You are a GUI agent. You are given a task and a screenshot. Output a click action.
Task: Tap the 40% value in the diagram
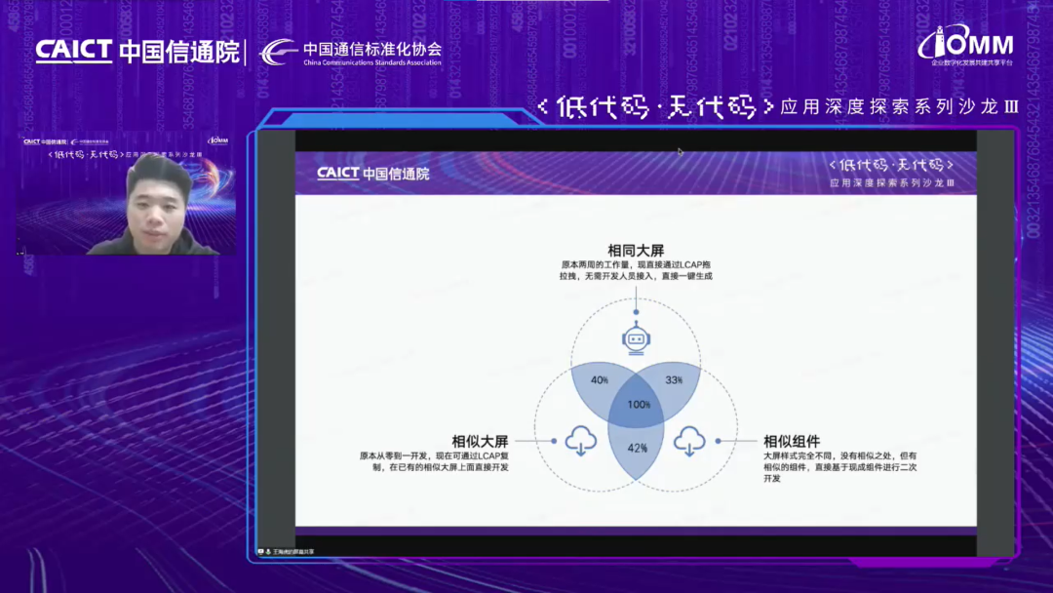click(599, 379)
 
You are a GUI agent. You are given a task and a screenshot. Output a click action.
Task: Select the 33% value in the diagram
click(673, 379)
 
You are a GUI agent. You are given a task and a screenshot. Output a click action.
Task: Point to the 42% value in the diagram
click(638, 448)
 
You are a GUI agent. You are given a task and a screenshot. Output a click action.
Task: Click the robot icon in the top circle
click(636, 339)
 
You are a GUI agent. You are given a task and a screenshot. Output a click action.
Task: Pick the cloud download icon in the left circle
click(581, 442)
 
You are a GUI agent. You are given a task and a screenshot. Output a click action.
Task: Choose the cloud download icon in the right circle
click(689, 442)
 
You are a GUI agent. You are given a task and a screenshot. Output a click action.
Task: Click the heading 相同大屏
click(636, 251)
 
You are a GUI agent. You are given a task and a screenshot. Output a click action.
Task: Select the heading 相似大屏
click(480, 441)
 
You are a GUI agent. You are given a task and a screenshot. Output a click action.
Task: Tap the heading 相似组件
click(792, 441)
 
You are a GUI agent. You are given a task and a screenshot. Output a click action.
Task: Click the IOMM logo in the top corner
click(966, 44)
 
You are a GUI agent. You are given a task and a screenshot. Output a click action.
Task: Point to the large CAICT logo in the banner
click(74, 51)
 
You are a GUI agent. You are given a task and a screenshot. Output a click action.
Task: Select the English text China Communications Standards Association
click(372, 62)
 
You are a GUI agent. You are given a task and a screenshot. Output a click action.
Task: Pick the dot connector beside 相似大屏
click(554, 441)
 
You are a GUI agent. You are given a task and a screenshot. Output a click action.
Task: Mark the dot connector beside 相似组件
click(718, 441)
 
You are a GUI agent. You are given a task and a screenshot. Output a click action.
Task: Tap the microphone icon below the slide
click(267, 551)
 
